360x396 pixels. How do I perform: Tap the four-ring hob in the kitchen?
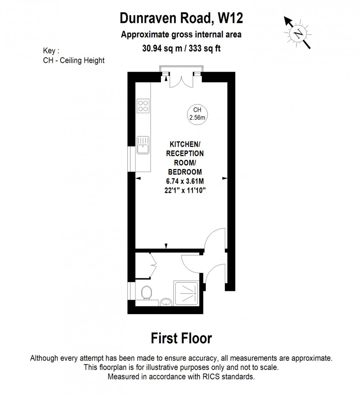coord(143,106)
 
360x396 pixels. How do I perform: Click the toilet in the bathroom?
coord(146,292)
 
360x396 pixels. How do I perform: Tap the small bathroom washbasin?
coord(166,302)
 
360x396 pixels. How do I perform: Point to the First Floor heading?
coord(181,338)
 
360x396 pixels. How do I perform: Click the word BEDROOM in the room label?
coord(185,172)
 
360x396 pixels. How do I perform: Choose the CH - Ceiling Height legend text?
coord(74,60)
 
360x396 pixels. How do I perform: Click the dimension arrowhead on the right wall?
coord(224,179)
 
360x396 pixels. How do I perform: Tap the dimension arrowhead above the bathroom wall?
coord(166,246)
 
